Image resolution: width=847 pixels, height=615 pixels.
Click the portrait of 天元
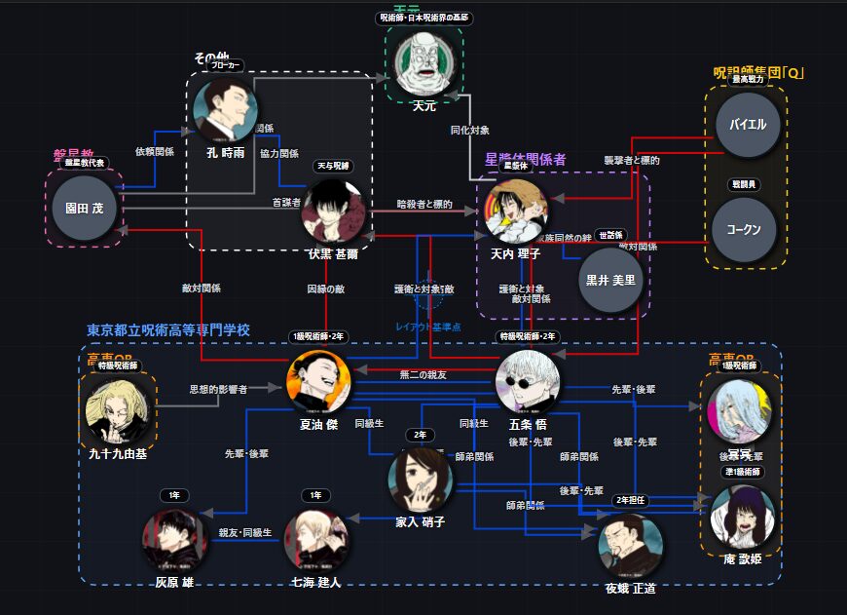(x=424, y=64)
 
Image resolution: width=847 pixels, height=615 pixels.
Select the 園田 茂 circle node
(x=84, y=208)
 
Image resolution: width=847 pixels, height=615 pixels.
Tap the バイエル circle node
(x=748, y=125)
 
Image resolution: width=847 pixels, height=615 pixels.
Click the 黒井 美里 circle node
(x=610, y=279)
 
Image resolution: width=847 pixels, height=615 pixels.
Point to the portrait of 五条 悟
(x=529, y=381)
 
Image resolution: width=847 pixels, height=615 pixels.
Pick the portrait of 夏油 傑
(x=318, y=382)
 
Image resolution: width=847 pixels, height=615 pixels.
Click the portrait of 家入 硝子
(x=421, y=479)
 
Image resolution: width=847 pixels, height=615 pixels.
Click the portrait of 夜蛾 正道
(x=630, y=545)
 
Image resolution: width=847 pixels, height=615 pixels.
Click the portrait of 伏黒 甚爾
(x=334, y=211)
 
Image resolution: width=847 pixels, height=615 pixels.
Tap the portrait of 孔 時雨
(x=225, y=110)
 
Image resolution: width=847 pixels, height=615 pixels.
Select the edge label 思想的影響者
(x=218, y=389)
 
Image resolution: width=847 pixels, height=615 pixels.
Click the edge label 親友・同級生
(x=245, y=533)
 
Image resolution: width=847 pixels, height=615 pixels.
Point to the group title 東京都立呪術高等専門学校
(x=168, y=330)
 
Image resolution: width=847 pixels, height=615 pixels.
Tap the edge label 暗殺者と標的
(x=423, y=205)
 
